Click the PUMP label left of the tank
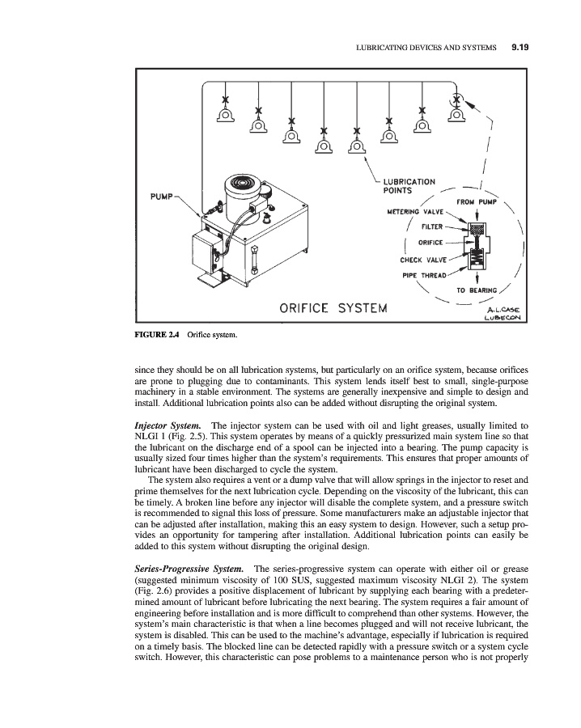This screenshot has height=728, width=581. (x=165, y=195)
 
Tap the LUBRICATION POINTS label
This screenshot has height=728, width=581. (x=409, y=186)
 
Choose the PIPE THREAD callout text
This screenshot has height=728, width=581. (x=426, y=275)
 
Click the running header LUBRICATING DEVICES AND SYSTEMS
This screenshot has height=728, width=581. (x=426, y=48)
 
